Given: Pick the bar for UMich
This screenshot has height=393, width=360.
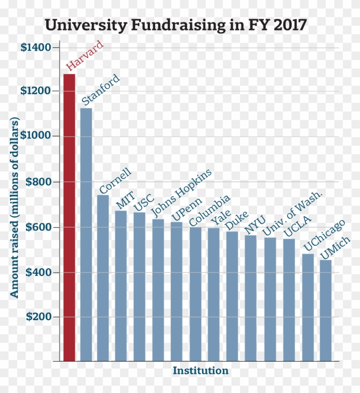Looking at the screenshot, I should pos(326,310).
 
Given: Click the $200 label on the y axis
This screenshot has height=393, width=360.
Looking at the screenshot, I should pos(38,317).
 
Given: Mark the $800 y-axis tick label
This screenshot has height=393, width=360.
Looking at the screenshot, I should pos(38,182).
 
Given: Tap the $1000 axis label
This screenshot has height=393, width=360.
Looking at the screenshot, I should pos(36,136).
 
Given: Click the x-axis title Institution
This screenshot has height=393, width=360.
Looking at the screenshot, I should pos(201,371).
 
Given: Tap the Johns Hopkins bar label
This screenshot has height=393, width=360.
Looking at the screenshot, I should pos(182,192).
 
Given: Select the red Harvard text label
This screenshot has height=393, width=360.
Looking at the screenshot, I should pos(85,56).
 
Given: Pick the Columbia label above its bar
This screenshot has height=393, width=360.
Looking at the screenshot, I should pos(210,210).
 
